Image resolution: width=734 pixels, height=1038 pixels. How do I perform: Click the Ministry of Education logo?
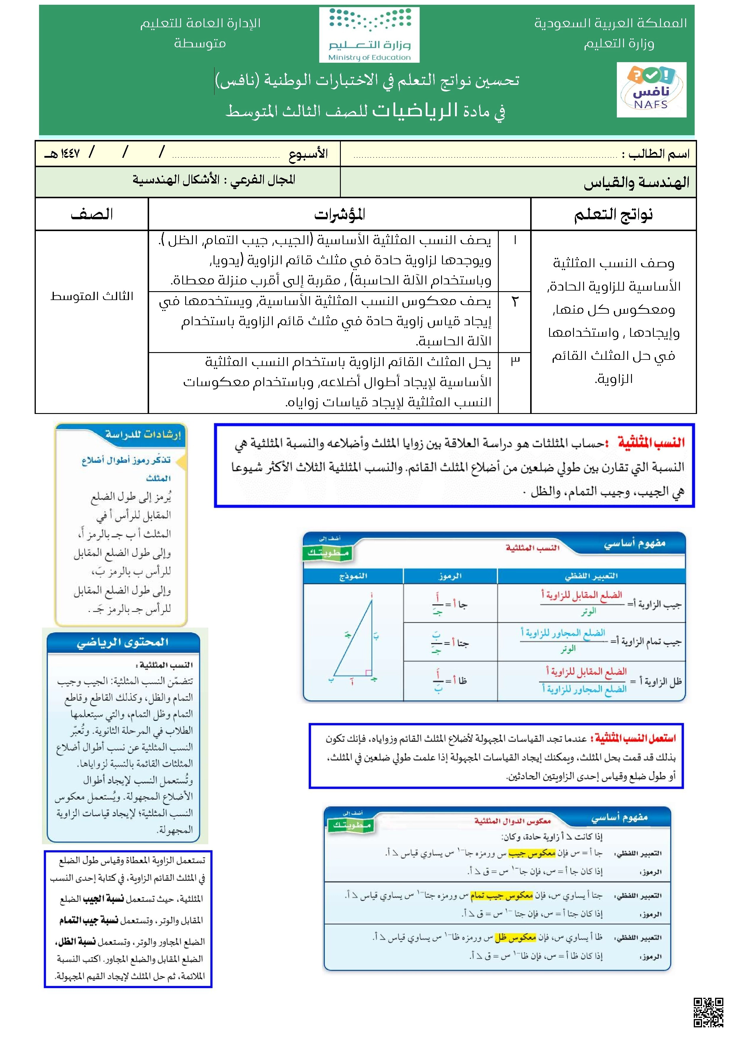(369, 35)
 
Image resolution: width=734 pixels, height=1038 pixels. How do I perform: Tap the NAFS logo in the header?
(651, 90)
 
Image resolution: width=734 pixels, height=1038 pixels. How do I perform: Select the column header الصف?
(92, 214)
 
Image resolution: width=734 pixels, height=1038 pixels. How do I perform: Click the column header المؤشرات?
(339, 214)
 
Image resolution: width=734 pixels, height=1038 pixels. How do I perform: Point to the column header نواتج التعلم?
(613, 214)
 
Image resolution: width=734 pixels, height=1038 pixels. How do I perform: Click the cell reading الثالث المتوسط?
(92, 296)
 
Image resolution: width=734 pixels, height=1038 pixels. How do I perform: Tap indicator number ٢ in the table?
(514, 301)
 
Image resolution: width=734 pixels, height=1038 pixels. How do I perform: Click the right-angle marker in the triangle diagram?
(368, 673)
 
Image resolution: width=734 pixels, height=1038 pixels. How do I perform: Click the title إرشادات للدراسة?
(143, 434)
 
